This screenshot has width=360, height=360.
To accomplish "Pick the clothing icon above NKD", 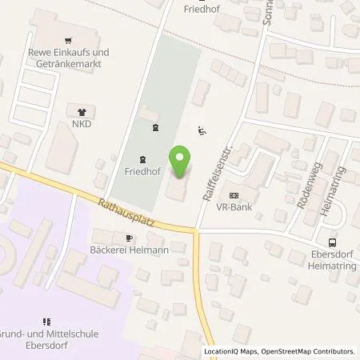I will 81,112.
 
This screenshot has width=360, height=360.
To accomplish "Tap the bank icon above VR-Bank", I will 234,195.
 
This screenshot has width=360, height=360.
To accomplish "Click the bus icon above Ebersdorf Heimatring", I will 332,243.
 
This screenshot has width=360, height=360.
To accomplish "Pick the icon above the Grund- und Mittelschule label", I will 46,323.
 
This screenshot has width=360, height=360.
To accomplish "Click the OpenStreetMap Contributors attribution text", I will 308,351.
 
